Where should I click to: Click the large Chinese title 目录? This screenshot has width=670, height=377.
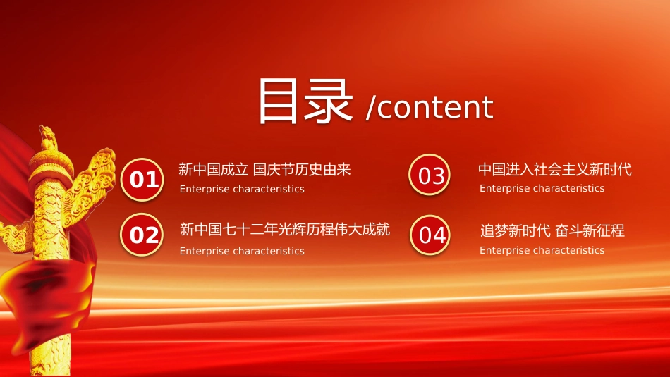[x=305, y=101]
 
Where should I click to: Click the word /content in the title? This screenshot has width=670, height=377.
[x=430, y=106]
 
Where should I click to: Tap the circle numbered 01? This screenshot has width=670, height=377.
[x=142, y=179]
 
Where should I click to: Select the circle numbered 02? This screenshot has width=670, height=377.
[x=142, y=235]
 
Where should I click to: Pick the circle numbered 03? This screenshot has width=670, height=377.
[x=430, y=175]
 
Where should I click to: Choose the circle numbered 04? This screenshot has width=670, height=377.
[x=430, y=235]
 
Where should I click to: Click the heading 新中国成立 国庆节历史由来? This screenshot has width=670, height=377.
[x=264, y=170]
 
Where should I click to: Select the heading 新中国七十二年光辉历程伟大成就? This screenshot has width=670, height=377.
[x=285, y=229]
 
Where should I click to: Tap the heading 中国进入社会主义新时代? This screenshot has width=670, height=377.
[x=554, y=169]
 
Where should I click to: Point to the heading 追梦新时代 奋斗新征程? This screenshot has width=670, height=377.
[x=552, y=230]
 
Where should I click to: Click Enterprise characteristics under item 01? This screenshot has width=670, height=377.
[x=242, y=189]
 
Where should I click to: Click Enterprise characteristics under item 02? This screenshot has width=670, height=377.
[x=242, y=251]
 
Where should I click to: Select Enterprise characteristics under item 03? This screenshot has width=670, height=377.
[x=542, y=188]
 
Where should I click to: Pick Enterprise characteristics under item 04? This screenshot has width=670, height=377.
[x=542, y=250]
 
